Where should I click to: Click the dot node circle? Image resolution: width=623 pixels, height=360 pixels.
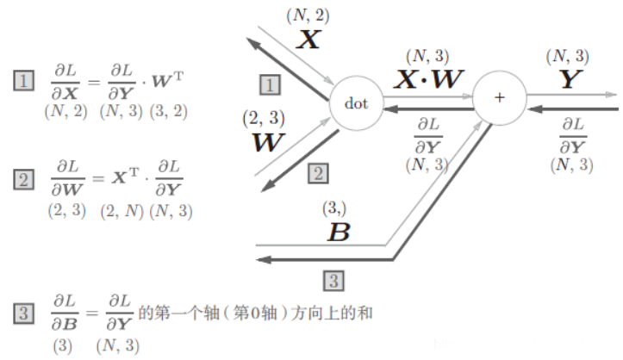[356, 103]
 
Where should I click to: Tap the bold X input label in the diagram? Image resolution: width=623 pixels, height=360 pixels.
[308, 39]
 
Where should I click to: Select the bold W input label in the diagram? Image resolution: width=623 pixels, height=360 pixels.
[265, 142]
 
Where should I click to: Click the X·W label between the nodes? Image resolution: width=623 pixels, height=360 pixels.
[429, 79]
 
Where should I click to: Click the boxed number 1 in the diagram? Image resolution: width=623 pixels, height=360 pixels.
[270, 84]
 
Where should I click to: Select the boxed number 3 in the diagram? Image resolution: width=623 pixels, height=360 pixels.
[334, 279]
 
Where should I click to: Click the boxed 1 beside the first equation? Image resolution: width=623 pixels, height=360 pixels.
[23, 83]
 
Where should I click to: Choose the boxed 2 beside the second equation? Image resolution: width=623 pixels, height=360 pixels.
[23, 181]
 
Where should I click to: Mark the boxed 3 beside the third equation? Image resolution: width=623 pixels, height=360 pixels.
[23, 313]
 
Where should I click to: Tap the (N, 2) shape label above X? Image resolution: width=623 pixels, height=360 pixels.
[308, 14]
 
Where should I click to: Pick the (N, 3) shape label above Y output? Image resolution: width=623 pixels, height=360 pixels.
[567, 56]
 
